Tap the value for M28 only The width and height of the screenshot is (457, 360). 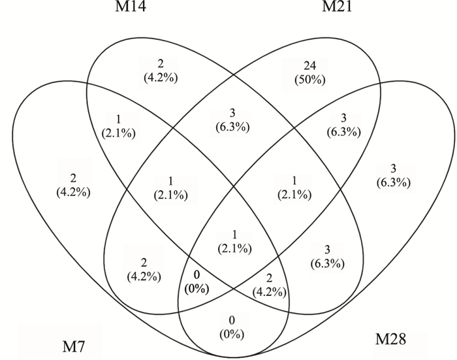coord(392,177)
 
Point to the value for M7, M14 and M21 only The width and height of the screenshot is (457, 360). coord(168,188)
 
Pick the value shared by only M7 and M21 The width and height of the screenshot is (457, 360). coord(142,269)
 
